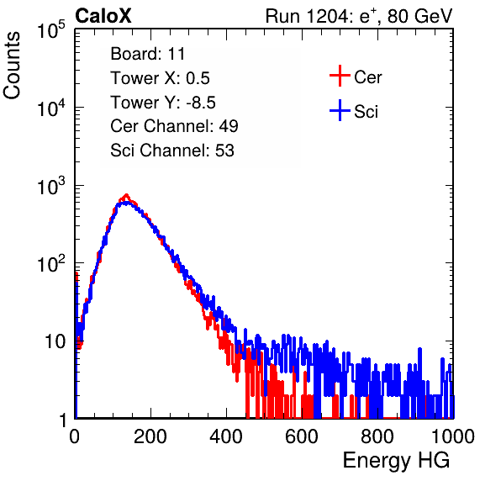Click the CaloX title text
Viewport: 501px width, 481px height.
click(103, 16)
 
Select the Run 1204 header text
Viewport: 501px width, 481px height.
click(359, 16)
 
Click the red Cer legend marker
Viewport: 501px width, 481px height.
click(340, 76)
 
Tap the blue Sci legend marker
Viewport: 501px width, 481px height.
click(340, 111)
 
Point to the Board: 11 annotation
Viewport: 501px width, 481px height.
click(148, 54)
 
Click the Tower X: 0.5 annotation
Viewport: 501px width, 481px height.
click(160, 78)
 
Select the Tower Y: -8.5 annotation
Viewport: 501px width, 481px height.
click(163, 103)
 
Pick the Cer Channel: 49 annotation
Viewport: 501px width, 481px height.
click(174, 126)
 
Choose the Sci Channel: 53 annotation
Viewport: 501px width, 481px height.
click(172, 151)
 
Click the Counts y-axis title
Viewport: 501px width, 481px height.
click(12, 66)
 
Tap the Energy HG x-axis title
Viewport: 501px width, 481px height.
click(396, 461)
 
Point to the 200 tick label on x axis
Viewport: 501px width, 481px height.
click(150, 436)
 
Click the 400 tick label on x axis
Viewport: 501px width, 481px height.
click(226, 436)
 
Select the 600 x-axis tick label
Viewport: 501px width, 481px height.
click(302, 436)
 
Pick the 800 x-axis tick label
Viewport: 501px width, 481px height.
click(377, 436)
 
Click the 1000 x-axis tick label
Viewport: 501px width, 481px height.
click(453, 436)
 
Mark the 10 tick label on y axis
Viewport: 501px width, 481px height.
click(55, 341)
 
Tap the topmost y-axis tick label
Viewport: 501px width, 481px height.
click(51, 29)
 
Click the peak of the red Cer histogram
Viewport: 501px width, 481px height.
click(126, 194)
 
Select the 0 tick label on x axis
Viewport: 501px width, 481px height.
click(75, 436)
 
